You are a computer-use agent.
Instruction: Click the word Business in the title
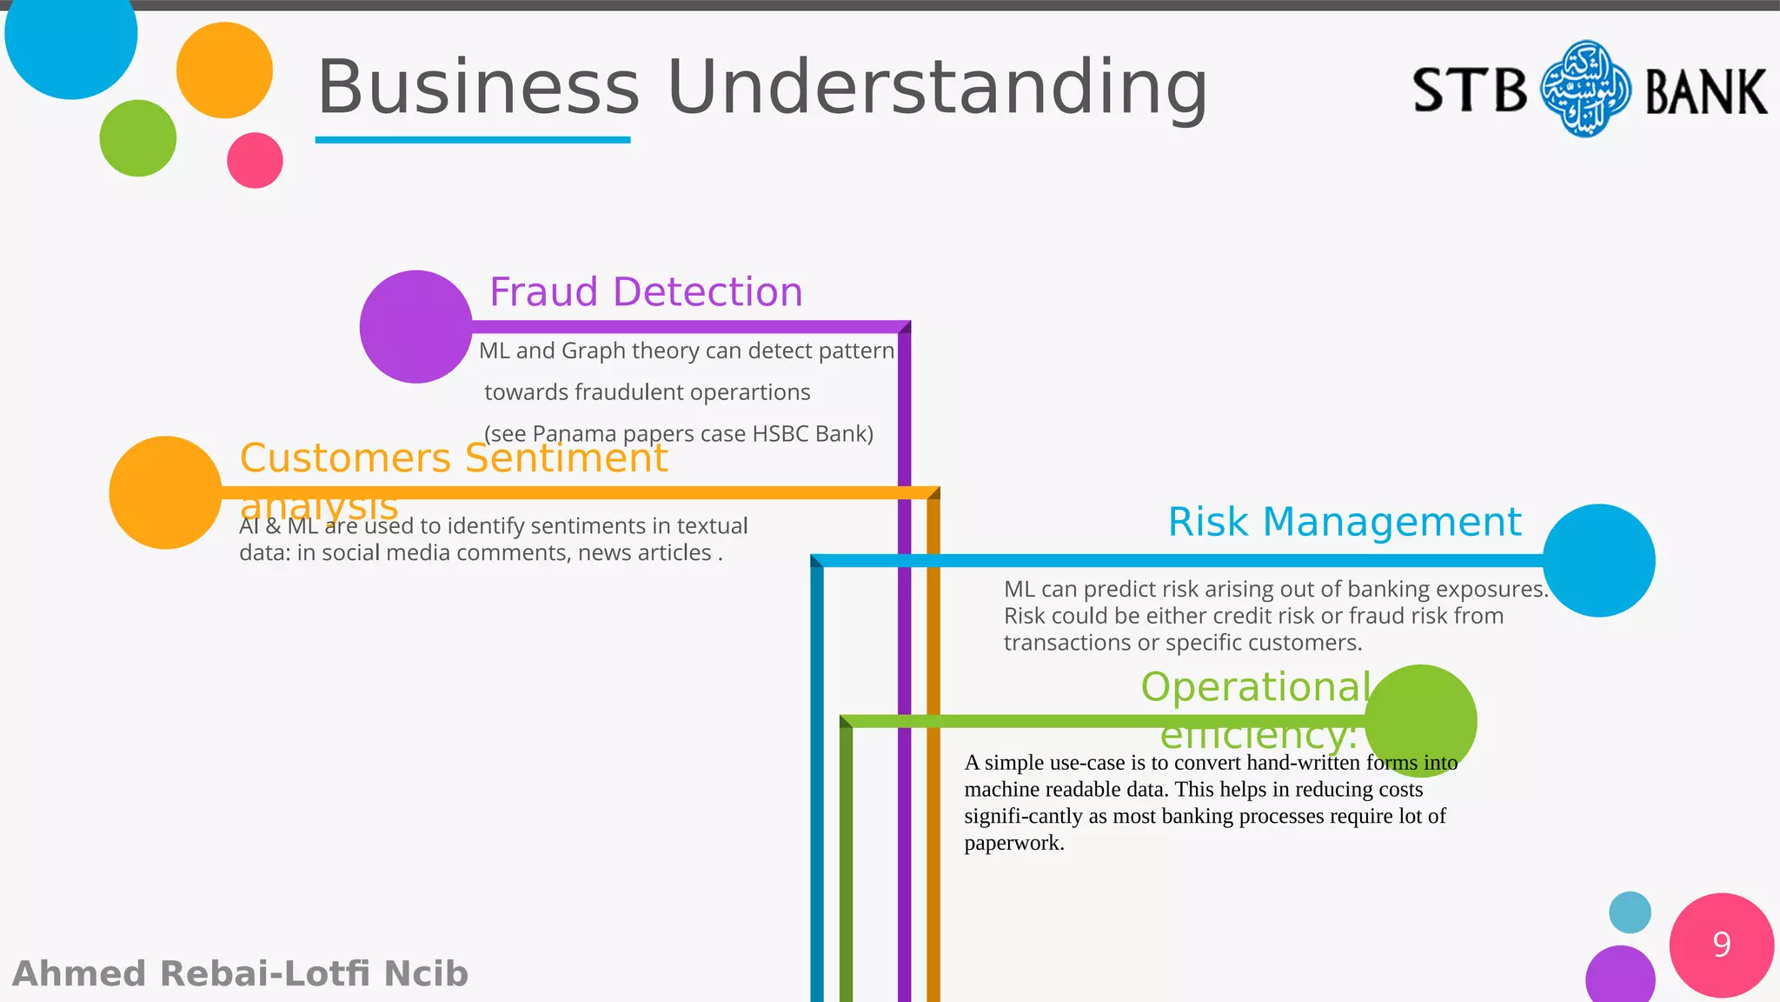click(x=478, y=87)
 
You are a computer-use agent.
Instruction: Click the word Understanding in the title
click(x=937, y=87)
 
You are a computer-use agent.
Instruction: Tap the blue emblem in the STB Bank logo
click(x=1585, y=89)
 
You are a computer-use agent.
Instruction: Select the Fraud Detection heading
click(x=646, y=292)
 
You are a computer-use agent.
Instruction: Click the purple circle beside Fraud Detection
click(x=415, y=327)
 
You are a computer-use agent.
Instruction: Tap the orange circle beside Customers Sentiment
click(x=165, y=492)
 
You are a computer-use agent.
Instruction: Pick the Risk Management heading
click(x=1344, y=522)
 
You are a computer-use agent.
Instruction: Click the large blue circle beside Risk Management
click(x=1598, y=560)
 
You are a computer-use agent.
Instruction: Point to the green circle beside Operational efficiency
click(x=1420, y=720)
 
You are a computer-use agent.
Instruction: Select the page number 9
click(x=1721, y=945)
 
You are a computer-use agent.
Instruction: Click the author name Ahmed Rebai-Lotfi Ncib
click(x=241, y=974)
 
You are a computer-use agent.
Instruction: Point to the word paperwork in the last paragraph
click(x=1013, y=843)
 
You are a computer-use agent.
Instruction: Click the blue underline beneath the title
click(x=472, y=139)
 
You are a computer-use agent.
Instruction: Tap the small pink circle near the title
click(x=255, y=160)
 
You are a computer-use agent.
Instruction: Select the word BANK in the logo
click(x=1705, y=92)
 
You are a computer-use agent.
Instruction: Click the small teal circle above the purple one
click(x=1630, y=912)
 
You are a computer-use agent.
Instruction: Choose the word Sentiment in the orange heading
click(x=566, y=458)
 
